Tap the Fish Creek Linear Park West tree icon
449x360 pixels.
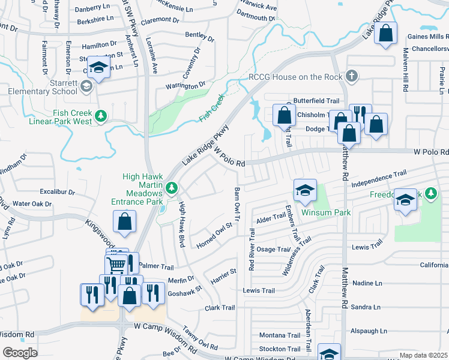point(101,115)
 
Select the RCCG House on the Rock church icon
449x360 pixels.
point(352,76)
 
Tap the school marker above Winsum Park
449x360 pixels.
point(305,190)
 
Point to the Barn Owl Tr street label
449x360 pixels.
point(237,206)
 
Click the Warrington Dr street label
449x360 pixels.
point(185,85)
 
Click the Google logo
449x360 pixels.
point(20,353)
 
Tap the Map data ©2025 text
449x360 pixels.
point(423,355)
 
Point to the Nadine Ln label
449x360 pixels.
point(367,283)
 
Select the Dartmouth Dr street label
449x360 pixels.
point(252,18)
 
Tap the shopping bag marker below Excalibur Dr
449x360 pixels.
point(124,221)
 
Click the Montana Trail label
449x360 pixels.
point(280,335)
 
